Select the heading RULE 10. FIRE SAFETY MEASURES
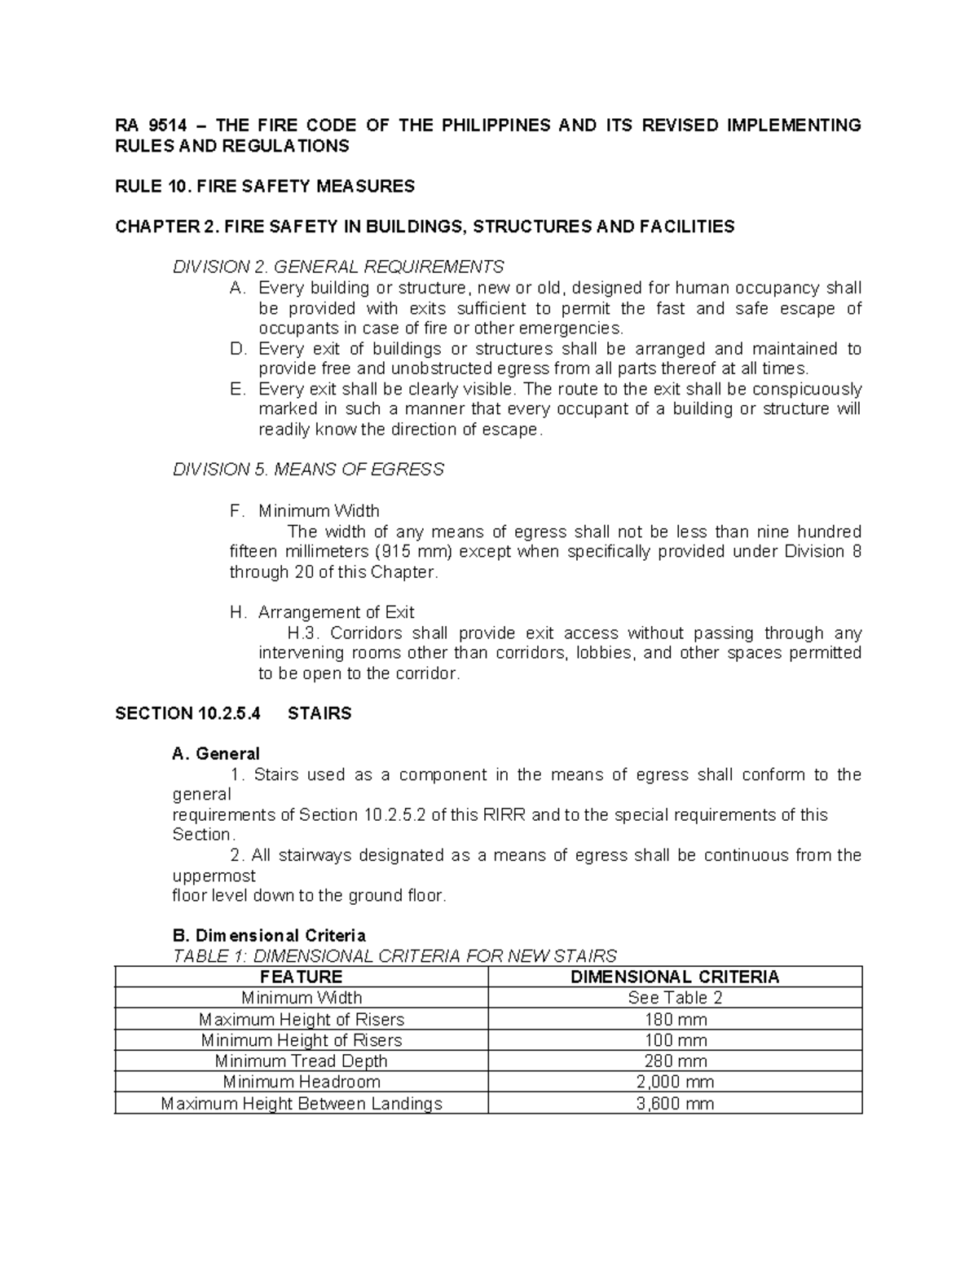point(265,187)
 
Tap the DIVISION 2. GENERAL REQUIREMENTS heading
point(338,267)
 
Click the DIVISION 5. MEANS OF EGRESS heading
point(308,470)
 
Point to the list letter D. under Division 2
point(238,349)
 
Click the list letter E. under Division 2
point(238,390)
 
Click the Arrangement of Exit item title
point(336,612)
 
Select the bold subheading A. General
point(216,754)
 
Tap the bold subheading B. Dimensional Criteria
point(269,936)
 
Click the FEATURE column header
point(301,977)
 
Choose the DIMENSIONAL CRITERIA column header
point(675,977)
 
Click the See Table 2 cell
point(675,998)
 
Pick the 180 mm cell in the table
point(675,1019)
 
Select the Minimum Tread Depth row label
point(301,1061)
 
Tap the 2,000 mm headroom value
point(675,1083)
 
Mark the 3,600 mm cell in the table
point(675,1104)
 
